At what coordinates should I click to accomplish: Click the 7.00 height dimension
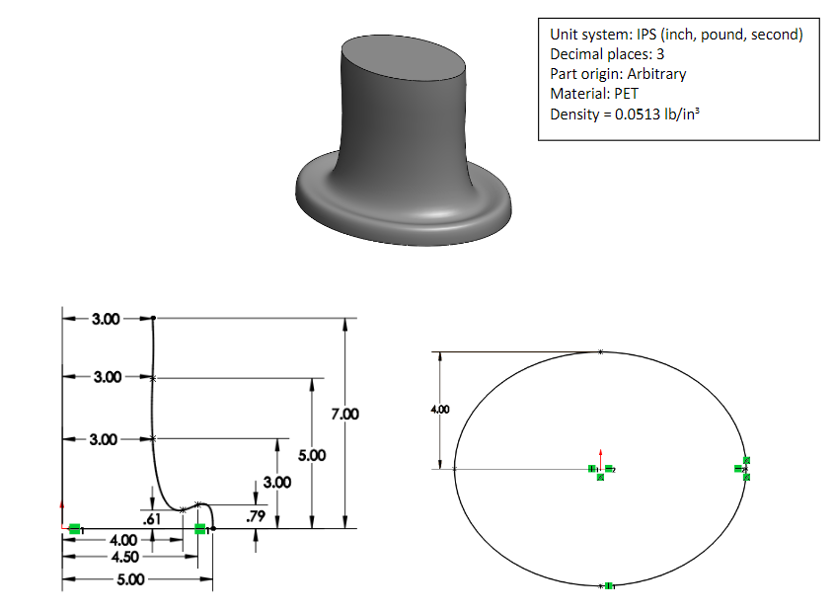344,415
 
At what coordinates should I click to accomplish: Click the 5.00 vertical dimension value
311,456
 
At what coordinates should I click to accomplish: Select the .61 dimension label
152,518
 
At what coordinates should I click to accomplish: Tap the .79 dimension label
255,515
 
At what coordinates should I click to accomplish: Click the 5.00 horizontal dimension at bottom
128,579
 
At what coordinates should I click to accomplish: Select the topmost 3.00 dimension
106,319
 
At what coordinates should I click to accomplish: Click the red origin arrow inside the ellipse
600,458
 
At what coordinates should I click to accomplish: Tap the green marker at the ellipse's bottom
608,586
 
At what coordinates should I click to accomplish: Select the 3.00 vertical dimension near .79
277,483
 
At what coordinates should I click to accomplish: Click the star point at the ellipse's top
601,351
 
